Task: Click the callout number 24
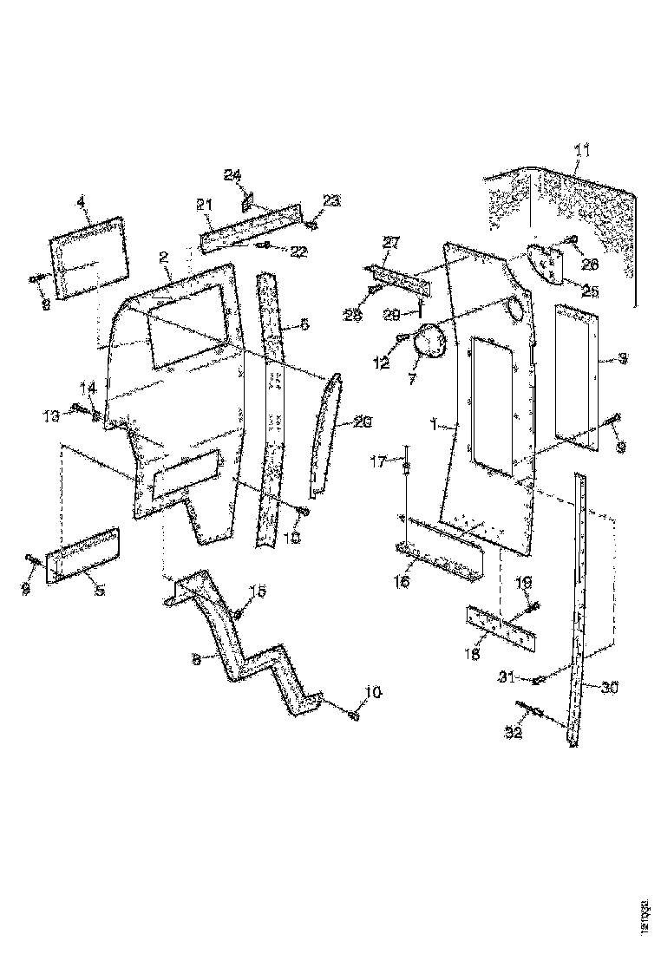tap(232, 175)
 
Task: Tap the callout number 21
tap(204, 205)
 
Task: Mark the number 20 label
tap(363, 422)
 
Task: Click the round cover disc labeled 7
tap(429, 343)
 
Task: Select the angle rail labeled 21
tap(252, 225)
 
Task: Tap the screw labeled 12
tap(402, 337)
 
